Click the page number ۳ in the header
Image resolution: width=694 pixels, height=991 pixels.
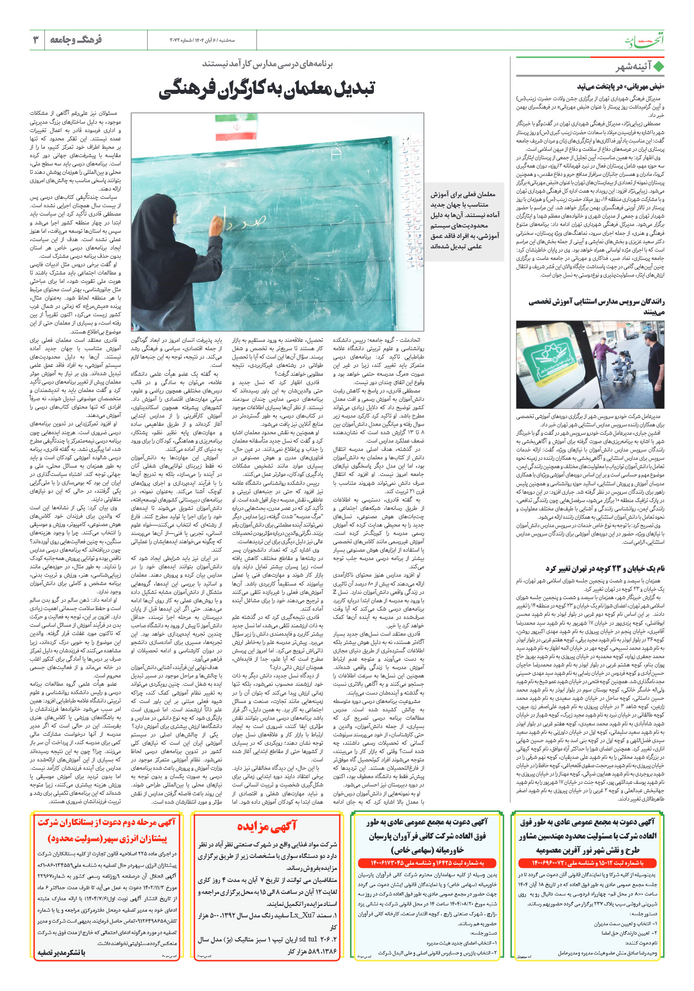[x=36, y=40]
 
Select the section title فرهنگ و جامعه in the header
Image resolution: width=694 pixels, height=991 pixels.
[x=76, y=40]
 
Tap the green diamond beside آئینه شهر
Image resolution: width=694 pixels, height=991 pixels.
[x=658, y=67]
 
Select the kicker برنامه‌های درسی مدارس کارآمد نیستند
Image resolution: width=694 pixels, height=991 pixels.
[x=267, y=64]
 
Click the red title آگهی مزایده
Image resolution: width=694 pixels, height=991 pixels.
[x=266, y=826]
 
